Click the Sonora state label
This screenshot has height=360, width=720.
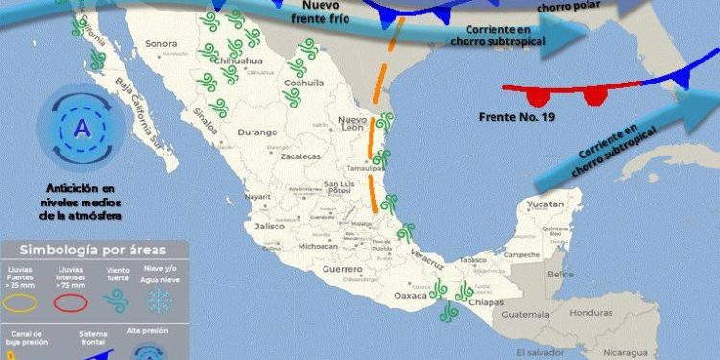click(161, 44)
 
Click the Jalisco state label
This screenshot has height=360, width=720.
click(270, 227)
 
